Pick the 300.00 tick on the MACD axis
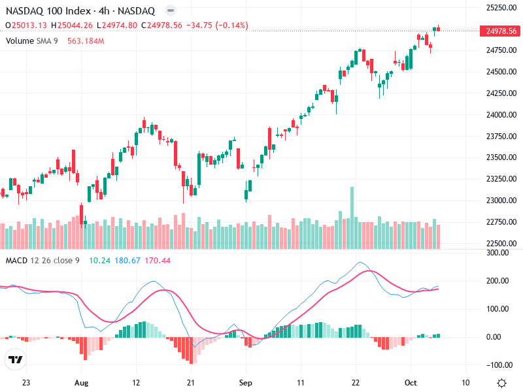(497, 252)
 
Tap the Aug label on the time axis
(81, 382)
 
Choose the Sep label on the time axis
(245, 382)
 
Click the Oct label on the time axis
(410, 382)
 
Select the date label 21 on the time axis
(191, 382)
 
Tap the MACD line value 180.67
(127, 261)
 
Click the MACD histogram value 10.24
(99, 261)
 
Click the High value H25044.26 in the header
(76, 25)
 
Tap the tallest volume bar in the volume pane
(352, 218)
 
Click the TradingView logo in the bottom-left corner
(15, 360)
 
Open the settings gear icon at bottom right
(501, 382)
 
